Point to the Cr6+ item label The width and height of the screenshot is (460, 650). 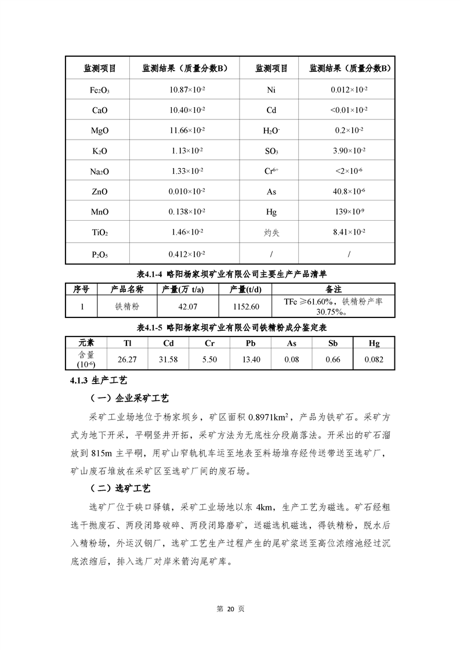[271, 171]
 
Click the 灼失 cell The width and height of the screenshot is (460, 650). [271, 233]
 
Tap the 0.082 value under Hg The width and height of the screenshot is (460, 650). [374, 360]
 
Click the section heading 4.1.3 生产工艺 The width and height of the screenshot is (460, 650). [97, 381]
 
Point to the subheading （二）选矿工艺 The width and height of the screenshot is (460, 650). [121, 489]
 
